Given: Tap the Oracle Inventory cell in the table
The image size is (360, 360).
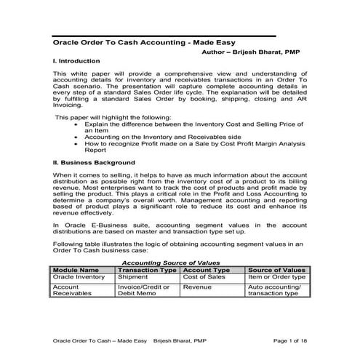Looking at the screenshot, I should tap(79, 277).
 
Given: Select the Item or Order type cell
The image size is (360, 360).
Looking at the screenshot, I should tap(276, 277).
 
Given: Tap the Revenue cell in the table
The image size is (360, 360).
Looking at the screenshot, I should tap(197, 287).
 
